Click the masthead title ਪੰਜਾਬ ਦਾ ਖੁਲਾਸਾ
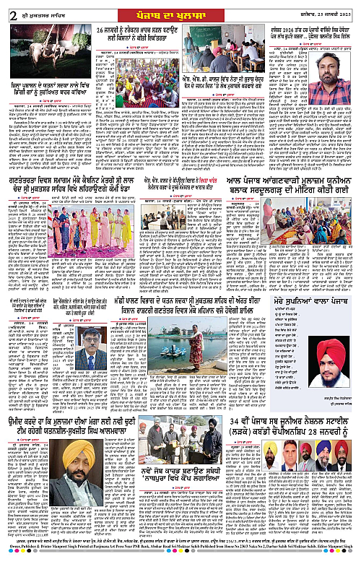180,9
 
